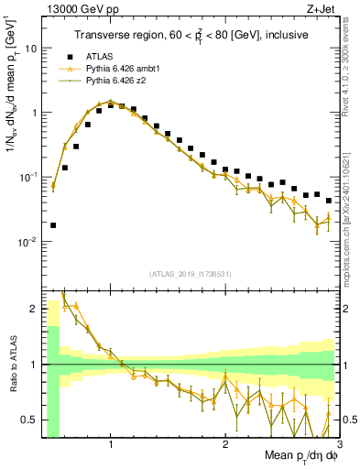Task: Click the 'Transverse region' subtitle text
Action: [190, 35]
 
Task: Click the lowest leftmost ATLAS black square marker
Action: [53, 224]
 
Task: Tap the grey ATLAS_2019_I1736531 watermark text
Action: [190, 274]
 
